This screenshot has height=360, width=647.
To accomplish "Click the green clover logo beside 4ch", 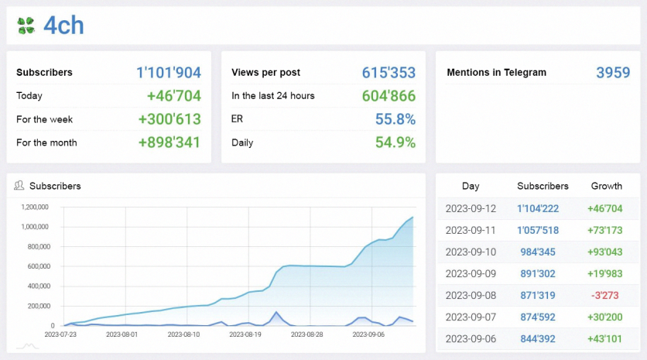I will pos(26,26).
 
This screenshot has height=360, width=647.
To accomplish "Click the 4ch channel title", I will pos(63,26).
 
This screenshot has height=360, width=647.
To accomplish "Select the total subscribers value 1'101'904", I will pos(169,73).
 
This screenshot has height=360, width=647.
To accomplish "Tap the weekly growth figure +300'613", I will pos(169,119).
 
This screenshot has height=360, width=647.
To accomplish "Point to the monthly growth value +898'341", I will pos(169,142).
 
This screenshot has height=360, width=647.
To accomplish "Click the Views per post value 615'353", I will pos(389,73).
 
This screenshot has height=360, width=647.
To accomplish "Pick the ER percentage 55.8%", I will pos(395,119).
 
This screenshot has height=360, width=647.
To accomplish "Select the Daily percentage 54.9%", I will pos(395,142).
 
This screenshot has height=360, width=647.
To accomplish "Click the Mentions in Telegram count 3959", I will pos(613,73).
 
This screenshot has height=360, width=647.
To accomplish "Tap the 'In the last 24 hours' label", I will pos(272,96).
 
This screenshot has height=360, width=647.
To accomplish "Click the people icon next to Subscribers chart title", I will pos(19,186).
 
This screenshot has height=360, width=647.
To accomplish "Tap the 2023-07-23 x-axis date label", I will pos(61,334).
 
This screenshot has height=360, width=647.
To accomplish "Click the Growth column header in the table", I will pos(606,186).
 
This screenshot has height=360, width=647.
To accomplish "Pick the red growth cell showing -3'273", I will pos(606,295).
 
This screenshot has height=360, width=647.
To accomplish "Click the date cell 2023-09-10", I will pos(471,252).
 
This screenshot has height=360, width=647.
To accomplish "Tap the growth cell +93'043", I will pos(605,252).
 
